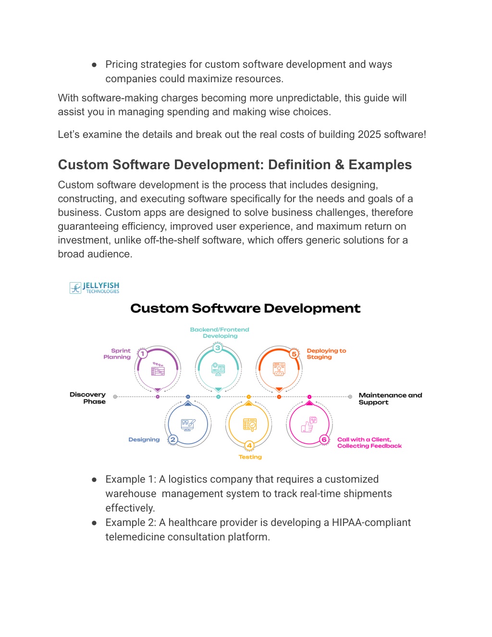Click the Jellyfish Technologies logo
pos(94,287)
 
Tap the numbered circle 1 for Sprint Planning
pos(143,353)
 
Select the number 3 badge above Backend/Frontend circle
pos(218,348)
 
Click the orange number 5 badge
pos(294,354)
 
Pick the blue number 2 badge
pos(173,439)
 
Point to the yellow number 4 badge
pos(249,446)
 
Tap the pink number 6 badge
pos(324,439)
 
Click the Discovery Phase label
pos(87,398)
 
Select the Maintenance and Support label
pos(390,399)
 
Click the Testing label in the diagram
pos(250,457)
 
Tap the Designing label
pos(144,439)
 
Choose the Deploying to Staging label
pos(327,353)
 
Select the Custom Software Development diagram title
pos(246,308)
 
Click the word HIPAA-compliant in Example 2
pos(371,522)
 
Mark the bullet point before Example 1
pos(94,480)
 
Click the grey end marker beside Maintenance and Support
pos(350,397)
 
